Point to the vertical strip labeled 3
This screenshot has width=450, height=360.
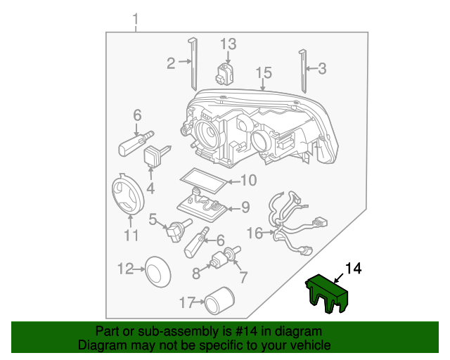(x=304, y=70)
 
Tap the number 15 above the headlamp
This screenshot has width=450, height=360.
(x=263, y=72)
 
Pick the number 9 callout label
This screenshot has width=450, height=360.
(x=245, y=207)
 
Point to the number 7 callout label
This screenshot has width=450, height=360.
(x=244, y=276)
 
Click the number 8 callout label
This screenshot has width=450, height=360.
(x=195, y=271)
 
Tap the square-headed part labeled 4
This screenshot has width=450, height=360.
(x=153, y=157)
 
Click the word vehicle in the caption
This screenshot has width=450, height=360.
(x=307, y=345)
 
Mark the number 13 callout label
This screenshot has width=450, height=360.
(x=229, y=44)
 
